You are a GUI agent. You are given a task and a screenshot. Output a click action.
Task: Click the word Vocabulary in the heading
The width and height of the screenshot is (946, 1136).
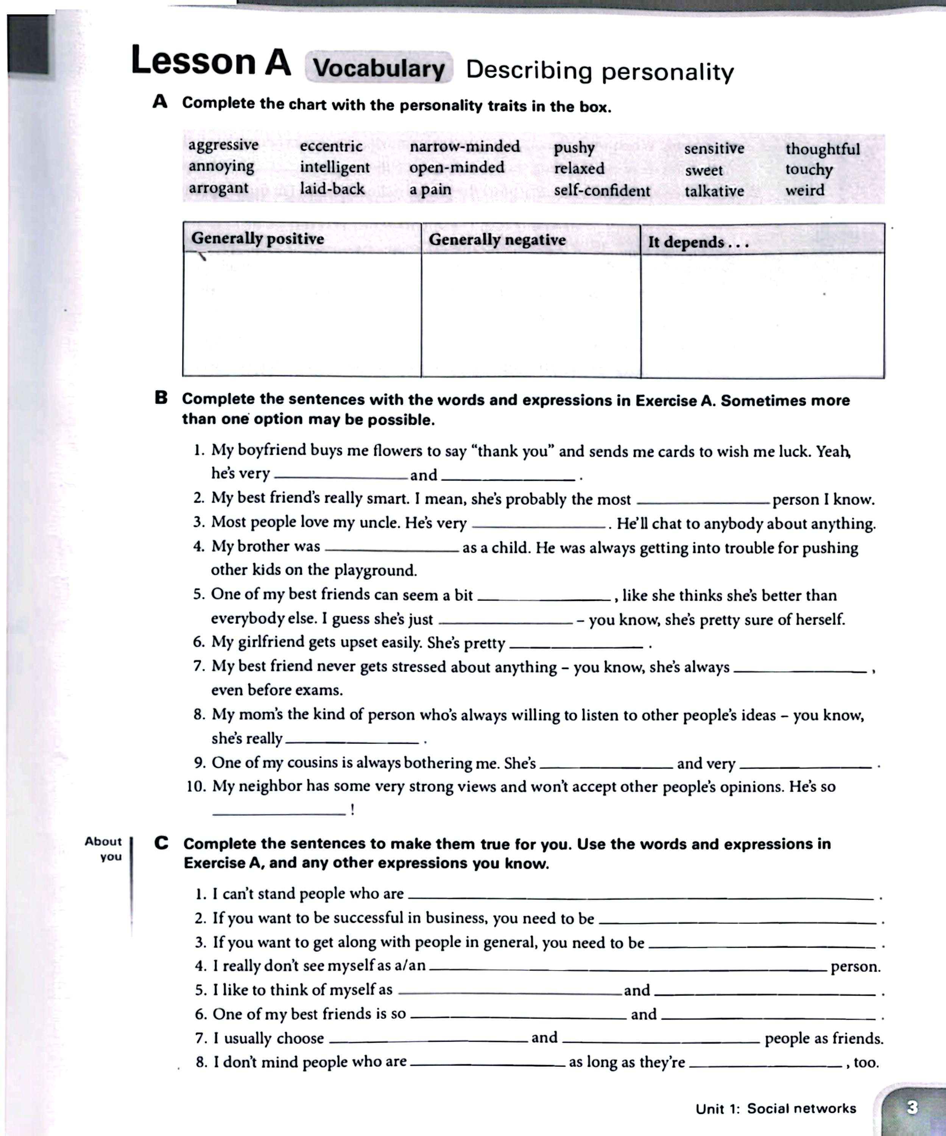pyautogui.click(x=379, y=68)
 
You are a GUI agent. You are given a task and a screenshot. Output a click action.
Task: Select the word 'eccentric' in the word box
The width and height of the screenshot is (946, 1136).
pyautogui.click(x=331, y=146)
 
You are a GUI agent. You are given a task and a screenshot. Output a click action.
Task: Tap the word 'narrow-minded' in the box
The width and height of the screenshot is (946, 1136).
pyautogui.click(x=464, y=147)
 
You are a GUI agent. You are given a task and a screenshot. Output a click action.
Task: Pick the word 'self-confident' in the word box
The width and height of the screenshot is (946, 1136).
pyautogui.click(x=602, y=190)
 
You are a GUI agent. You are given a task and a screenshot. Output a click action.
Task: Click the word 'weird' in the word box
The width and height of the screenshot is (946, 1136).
pyautogui.click(x=805, y=190)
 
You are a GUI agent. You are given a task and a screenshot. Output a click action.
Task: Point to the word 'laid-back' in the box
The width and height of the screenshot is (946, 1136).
pyautogui.click(x=332, y=189)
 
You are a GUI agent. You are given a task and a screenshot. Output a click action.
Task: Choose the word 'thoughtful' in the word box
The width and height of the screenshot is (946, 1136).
pyautogui.click(x=822, y=149)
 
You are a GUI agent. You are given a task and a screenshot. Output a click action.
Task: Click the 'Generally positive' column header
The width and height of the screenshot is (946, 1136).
pyautogui.click(x=257, y=239)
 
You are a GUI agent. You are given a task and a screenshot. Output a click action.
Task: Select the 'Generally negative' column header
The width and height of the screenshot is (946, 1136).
pyautogui.click(x=497, y=240)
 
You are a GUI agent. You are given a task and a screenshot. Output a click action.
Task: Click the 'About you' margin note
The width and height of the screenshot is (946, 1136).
pyautogui.click(x=104, y=849)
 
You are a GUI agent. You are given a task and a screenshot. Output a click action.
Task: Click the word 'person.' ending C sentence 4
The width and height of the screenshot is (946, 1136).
pyautogui.click(x=855, y=967)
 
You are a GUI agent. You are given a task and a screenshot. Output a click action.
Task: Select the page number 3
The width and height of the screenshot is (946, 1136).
pyautogui.click(x=912, y=1107)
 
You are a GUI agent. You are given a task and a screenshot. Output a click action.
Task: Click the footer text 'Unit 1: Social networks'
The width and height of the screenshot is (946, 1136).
pyautogui.click(x=776, y=1108)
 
